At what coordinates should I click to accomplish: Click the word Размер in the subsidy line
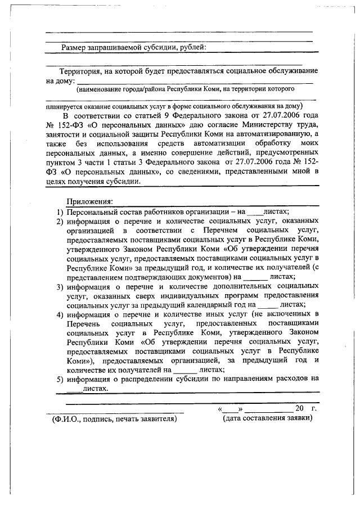pyautogui.click(x=75, y=47)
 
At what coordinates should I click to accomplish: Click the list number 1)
pyautogui.click(x=59, y=211)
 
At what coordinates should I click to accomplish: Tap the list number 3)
pyautogui.click(x=59, y=286)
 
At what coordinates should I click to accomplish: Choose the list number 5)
pyautogui.click(x=59, y=379)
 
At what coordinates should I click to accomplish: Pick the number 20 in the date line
pyautogui.click(x=299, y=408)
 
